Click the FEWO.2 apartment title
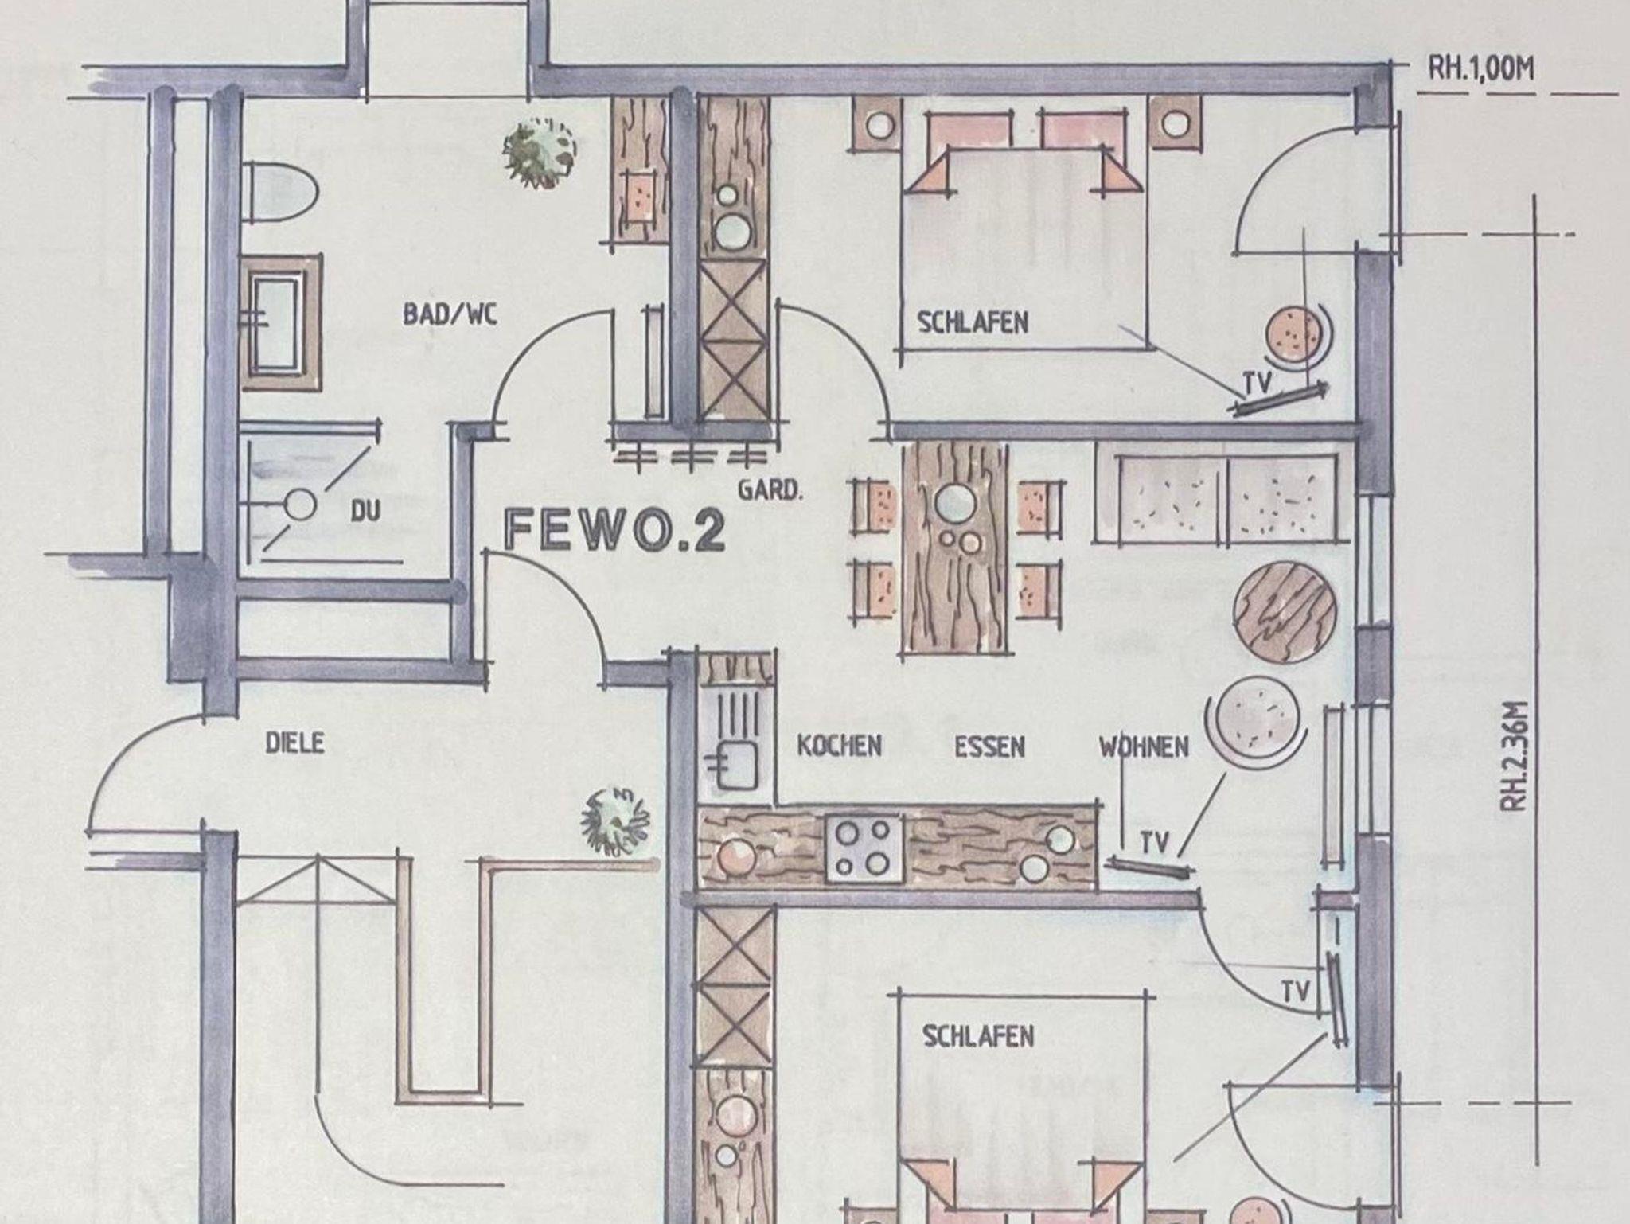click(615, 530)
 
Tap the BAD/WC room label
click(450, 314)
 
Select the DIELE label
click(294, 743)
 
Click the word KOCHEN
click(840, 746)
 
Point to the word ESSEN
click(990, 747)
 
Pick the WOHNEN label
click(1145, 747)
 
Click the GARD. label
click(770, 489)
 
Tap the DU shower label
click(366, 511)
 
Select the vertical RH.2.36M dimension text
click(1515, 755)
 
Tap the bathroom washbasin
click(280, 322)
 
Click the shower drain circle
click(301, 505)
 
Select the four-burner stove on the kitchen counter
click(864, 849)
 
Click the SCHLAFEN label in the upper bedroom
click(973, 322)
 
